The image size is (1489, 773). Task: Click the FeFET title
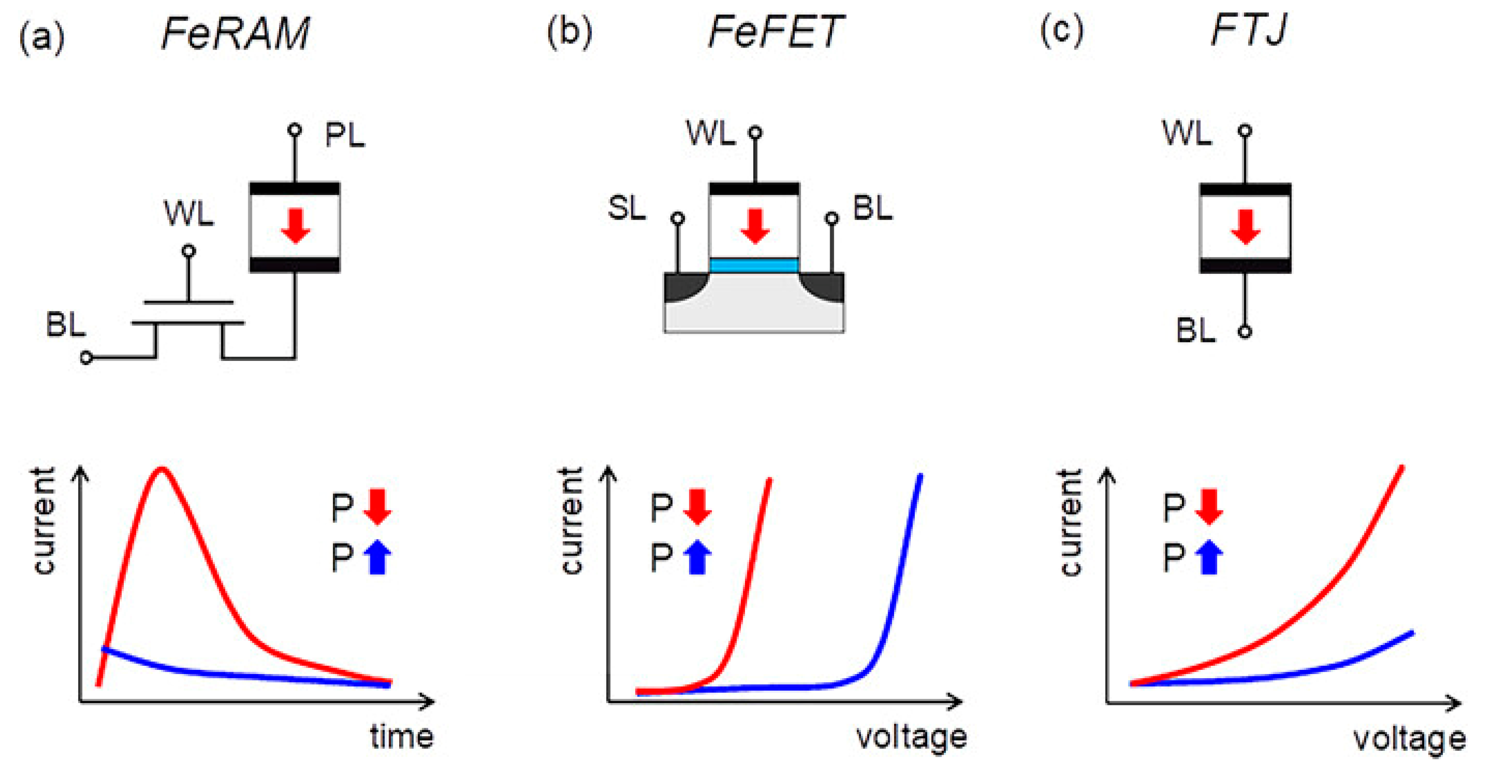click(x=776, y=32)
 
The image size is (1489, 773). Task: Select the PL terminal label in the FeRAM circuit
click(x=344, y=136)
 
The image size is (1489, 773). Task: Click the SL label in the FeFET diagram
click(x=627, y=208)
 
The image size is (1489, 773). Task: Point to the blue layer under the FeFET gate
click(x=754, y=266)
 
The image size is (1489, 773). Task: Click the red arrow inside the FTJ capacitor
click(x=1245, y=227)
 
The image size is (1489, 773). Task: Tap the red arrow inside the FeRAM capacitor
click(x=296, y=226)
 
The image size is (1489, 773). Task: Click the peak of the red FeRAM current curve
click(x=163, y=470)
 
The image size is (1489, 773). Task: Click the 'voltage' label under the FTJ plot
click(x=1409, y=739)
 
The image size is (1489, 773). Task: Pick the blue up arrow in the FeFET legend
click(x=697, y=557)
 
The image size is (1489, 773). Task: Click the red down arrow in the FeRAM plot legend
click(x=378, y=506)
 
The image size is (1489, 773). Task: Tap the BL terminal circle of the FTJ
click(x=1245, y=332)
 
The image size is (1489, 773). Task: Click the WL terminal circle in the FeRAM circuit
click(x=188, y=251)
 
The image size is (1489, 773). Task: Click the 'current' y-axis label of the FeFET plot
click(x=572, y=520)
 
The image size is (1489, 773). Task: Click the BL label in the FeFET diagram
click(x=873, y=208)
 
